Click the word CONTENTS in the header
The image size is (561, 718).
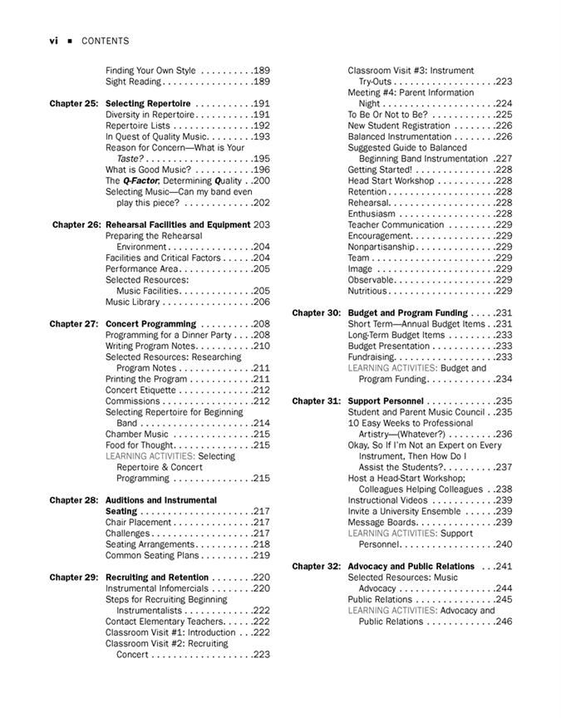coord(105,41)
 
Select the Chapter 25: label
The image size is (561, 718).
coord(74,104)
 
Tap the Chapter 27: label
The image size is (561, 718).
coord(74,324)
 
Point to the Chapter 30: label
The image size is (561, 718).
coord(316,313)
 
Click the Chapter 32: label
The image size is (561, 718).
coord(316,567)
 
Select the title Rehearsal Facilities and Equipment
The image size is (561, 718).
coord(178,225)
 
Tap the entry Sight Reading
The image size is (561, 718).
coord(133,82)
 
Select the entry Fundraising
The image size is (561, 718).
coord(371,357)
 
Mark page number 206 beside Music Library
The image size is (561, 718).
coord(261,302)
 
